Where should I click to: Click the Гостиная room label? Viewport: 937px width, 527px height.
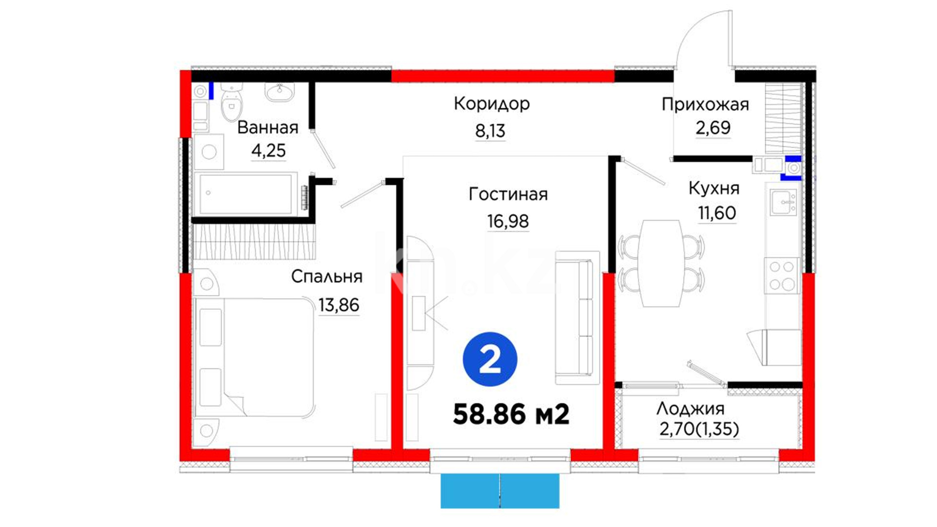(508, 194)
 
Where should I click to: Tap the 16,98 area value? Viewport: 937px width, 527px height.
(508, 222)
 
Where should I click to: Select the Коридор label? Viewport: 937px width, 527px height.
(491, 104)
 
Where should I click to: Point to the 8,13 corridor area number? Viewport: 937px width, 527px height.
(490, 131)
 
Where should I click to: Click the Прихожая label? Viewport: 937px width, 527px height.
(705, 105)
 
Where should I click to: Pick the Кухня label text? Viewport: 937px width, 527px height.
(714, 188)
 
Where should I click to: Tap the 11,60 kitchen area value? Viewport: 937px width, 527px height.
(717, 213)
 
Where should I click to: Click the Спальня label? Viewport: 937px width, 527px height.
(327, 277)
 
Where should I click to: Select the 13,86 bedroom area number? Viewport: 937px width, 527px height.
(339, 305)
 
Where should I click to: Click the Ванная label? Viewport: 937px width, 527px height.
(268, 128)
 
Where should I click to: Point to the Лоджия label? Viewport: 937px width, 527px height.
(690, 409)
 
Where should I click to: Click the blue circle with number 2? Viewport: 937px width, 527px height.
(490, 360)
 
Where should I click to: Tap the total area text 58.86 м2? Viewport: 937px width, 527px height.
(511, 414)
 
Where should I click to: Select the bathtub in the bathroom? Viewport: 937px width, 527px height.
(245, 194)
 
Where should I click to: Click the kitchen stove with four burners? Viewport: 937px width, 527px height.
(781, 276)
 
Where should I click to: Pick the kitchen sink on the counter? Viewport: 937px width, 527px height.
(783, 202)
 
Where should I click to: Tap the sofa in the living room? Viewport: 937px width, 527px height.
(577, 318)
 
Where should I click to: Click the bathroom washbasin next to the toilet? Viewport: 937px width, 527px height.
(280, 92)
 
